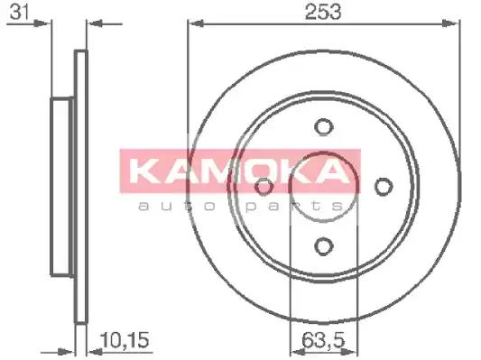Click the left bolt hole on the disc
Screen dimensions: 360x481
[x=264, y=187]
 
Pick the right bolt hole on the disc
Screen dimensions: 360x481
[x=384, y=186]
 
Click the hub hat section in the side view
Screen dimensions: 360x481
[x=61, y=187]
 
